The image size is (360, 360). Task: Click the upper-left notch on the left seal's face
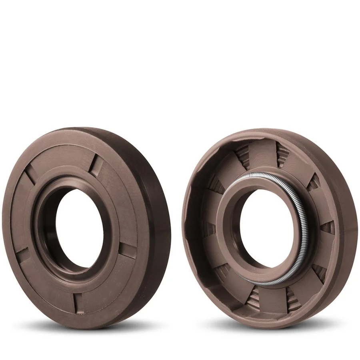(x=30, y=176)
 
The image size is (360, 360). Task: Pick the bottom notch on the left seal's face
(x=78, y=302)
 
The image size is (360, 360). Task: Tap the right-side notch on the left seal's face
(x=128, y=250)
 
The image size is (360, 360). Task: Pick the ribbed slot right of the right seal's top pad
(x=283, y=154)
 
